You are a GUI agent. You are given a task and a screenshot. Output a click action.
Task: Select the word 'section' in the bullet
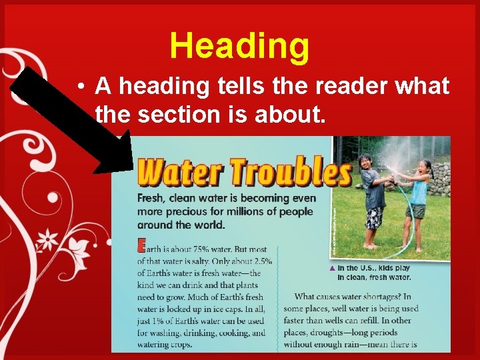[177, 115]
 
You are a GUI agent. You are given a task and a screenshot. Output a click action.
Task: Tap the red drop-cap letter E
[141, 245]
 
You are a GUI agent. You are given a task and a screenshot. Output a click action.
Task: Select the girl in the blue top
[417, 197]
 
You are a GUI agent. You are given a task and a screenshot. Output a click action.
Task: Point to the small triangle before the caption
[332, 268]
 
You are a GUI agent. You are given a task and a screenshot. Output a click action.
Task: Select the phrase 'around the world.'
[181, 225]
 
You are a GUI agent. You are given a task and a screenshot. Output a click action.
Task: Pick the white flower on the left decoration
[48, 238]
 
